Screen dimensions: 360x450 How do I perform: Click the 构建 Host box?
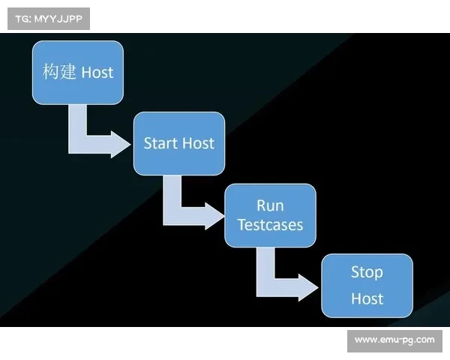tap(78, 72)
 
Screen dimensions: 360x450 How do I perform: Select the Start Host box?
tap(178, 143)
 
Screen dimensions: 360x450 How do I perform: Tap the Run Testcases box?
tap(270, 215)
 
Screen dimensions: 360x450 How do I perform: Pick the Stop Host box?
tap(367, 285)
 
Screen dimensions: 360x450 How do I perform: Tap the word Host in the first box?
tap(97, 73)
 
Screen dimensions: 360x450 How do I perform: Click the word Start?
tap(160, 143)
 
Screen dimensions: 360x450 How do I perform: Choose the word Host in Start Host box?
tap(198, 143)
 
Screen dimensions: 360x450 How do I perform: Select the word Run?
tap(270, 205)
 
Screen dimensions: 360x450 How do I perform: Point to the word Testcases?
tap(270, 224)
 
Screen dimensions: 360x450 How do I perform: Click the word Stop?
tap(367, 272)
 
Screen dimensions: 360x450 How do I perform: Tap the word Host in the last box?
tap(367, 298)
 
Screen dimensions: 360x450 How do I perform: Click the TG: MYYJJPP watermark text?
tap(48, 18)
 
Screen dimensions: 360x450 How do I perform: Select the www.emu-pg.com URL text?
tap(394, 340)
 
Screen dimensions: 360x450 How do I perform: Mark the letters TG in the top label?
tap(22, 18)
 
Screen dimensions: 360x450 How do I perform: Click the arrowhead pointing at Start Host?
tap(120, 143)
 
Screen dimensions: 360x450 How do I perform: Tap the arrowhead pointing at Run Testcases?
tap(213, 215)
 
